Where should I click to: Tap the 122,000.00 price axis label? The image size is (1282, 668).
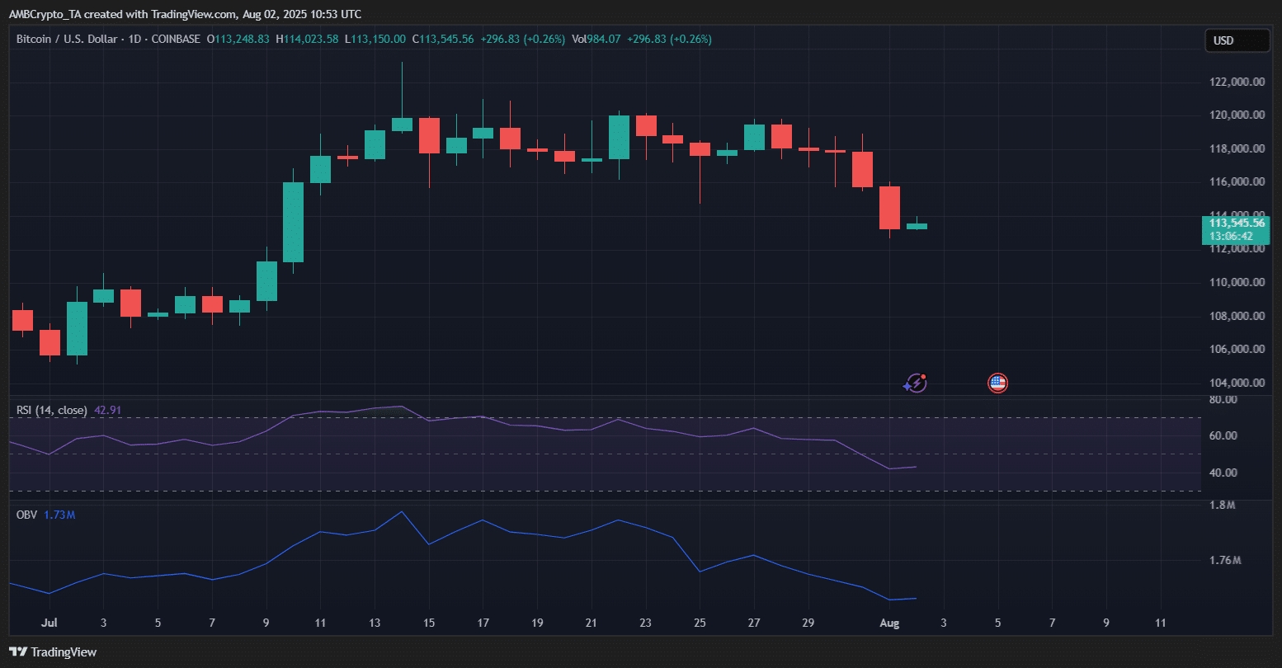click(x=1237, y=82)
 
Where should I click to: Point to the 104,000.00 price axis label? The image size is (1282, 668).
click(x=1237, y=383)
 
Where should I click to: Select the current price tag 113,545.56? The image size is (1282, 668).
click(x=1237, y=223)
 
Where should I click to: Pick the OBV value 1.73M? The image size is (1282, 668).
click(x=59, y=515)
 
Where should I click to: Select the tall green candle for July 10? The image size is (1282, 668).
click(x=293, y=222)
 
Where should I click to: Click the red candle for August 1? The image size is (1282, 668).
click(x=889, y=208)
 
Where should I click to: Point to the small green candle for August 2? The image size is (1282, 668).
click(x=917, y=226)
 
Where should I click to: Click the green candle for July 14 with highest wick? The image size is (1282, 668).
click(x=402, y=125)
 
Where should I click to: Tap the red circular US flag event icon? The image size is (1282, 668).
click(x=997, y=383)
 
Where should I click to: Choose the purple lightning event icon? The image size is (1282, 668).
click(x=916, y=383)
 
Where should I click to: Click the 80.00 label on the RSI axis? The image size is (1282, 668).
click(x=1223, y=400)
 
